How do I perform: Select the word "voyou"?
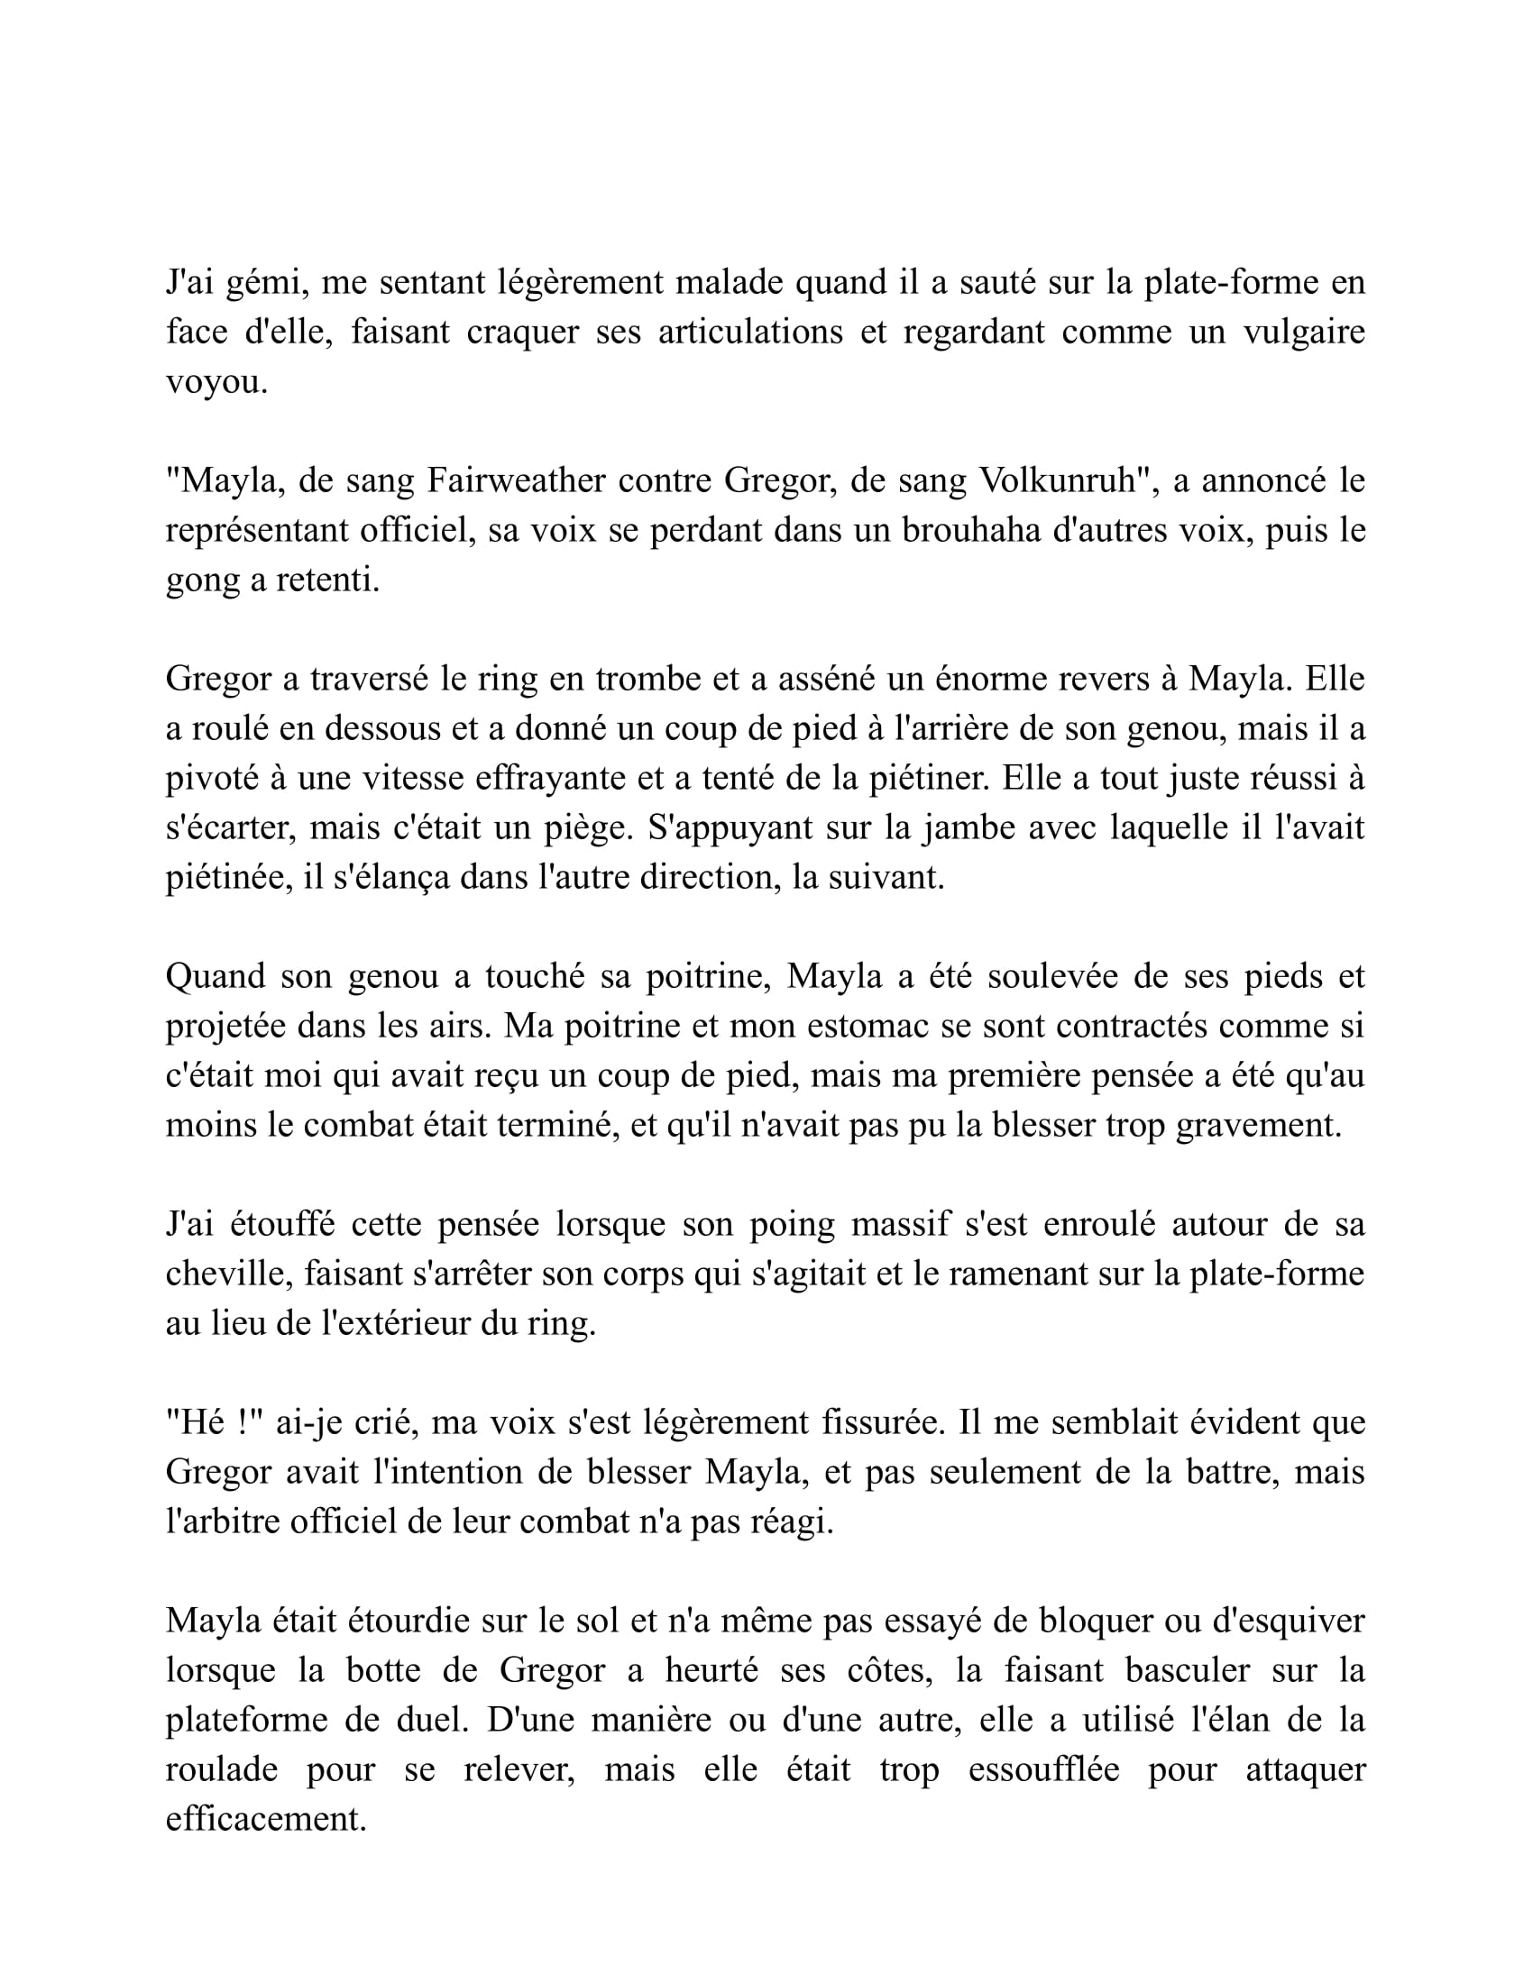pyautogui.click(x=214, y=383)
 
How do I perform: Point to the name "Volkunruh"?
pyautogui.click(x=1058, y=481)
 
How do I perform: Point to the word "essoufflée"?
pyautogui.click(x=1043, y=1770)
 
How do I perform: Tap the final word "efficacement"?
pyautogui.click(x=264, y=1820)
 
